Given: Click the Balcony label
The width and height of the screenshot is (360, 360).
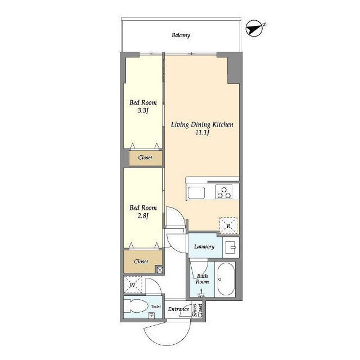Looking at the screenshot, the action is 181,35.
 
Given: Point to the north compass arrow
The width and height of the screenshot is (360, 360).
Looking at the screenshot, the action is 254,29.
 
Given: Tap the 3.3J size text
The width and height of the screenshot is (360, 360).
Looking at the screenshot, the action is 143,111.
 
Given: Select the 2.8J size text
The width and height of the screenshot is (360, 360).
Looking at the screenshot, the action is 143,216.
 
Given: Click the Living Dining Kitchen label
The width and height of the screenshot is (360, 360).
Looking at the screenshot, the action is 202,124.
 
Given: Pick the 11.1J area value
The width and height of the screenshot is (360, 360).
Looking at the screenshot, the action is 202,133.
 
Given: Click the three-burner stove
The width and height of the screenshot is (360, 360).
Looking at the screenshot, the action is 224,192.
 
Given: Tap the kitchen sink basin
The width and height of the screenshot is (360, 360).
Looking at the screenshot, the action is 196,193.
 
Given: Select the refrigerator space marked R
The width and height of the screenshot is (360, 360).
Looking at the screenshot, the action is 228,226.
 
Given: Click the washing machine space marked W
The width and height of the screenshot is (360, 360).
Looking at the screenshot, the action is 133,285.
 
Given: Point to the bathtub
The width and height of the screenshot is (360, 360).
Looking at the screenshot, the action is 226,279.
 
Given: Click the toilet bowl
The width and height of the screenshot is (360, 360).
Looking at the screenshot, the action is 136,306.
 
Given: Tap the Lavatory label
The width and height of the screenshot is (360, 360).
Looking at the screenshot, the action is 204,246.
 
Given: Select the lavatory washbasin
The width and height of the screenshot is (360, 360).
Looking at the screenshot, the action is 231,247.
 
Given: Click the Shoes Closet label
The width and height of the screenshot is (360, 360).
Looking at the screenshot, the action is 197,310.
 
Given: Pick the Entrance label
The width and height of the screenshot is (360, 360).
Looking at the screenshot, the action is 178,309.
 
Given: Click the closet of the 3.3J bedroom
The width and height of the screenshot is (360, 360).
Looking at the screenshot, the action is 146,158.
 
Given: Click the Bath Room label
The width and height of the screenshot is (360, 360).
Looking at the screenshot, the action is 202,279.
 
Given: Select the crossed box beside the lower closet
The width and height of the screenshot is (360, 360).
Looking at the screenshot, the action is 160,270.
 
